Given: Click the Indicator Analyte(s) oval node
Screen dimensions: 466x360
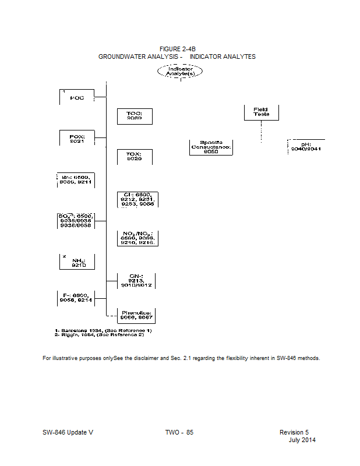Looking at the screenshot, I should click(180, 71).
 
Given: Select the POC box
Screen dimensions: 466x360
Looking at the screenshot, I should click(77, 97).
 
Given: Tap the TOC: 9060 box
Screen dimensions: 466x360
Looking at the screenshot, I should click(135, 115).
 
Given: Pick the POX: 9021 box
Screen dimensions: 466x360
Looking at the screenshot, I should click(77, 139).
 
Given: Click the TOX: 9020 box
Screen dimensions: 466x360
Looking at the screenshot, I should click(135, 156).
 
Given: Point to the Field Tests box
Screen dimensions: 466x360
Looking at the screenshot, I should click(261, 112).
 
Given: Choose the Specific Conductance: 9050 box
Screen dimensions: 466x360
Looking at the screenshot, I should click(211, 146).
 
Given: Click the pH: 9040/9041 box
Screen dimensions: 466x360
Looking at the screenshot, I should click(306, 146).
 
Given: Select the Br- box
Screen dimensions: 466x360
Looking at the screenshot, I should click(76, 179).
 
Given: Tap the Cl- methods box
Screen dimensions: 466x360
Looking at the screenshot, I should click(137, 199).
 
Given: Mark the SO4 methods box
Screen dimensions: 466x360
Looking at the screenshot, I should click(76, 220).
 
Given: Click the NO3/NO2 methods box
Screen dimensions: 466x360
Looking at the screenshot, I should click(137, 238).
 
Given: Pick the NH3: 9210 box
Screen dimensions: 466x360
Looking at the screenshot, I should click(77, 262).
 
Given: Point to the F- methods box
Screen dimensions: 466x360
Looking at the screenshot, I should click(76, 298).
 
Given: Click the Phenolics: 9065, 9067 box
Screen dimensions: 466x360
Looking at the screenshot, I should click(136, 315).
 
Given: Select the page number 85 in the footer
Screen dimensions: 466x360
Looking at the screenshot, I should click(189, 432).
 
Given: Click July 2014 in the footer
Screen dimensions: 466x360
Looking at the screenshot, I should click(302, 440).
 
